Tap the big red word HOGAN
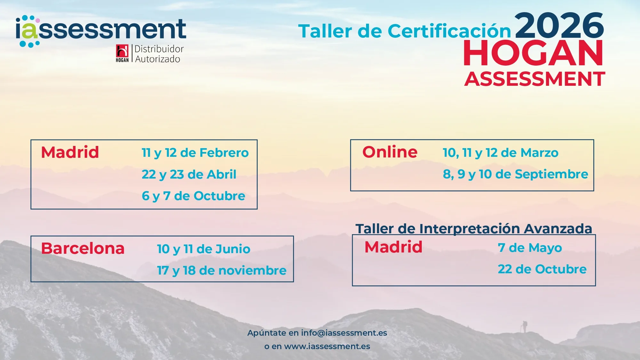pos(533,53)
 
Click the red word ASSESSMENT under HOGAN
pos(535,79)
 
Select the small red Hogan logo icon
pos(122,53)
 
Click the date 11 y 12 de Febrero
pos(195,153)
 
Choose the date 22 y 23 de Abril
pos(189,175)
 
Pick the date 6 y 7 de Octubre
pos(193,196)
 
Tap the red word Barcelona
pos(83,248)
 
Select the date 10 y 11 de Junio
pos(204,249)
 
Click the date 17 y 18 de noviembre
pos(222,271)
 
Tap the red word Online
pos(390,152)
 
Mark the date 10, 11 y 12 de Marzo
pos(500,153)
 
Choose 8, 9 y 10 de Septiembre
pos(516,174)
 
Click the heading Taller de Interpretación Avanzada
pos(474,229)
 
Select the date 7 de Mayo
pos(530,248)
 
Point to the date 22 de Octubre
pos(542,269)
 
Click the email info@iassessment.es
pos(344,333)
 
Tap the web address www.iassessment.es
pos(327,347)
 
